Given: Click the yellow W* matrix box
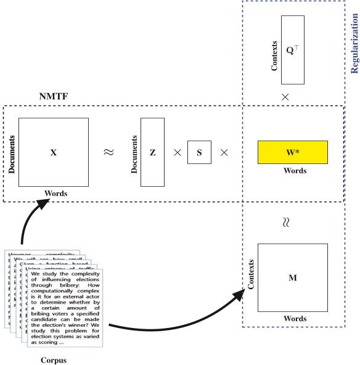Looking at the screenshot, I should pos(292,152).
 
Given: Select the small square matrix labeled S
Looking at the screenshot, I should pos(200,152).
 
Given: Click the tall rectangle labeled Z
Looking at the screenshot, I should pos(153,152).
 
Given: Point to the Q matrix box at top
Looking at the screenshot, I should pos(292,49).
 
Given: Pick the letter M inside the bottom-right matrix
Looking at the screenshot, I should pos(292,277).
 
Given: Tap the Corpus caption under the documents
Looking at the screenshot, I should pos(52,360).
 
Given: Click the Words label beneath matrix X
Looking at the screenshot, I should pos(55,194).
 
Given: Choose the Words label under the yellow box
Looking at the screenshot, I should pos(292,171).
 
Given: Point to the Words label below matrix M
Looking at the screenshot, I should pos(292,319).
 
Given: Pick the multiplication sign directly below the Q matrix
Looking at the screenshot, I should pos(285,97).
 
